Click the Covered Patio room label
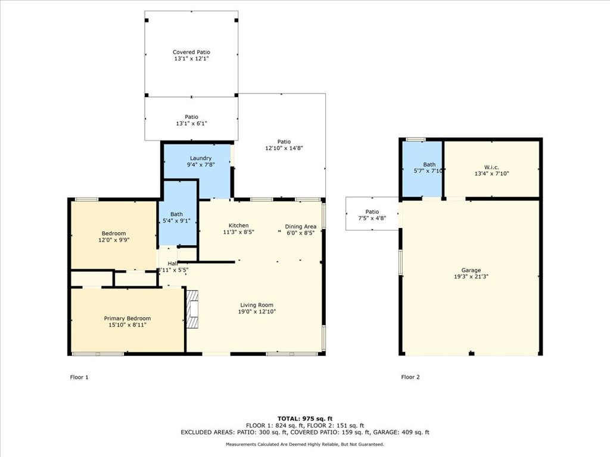click(191, 52)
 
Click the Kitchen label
click(239, 226)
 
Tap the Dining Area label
click(300, 226)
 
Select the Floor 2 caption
click(410, 377)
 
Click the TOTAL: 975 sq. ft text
click(304, 418)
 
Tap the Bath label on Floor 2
click(430, 165)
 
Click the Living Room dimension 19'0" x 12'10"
click(256, 312)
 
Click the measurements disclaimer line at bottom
click(304, 445)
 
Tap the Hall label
click(172, 263)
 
